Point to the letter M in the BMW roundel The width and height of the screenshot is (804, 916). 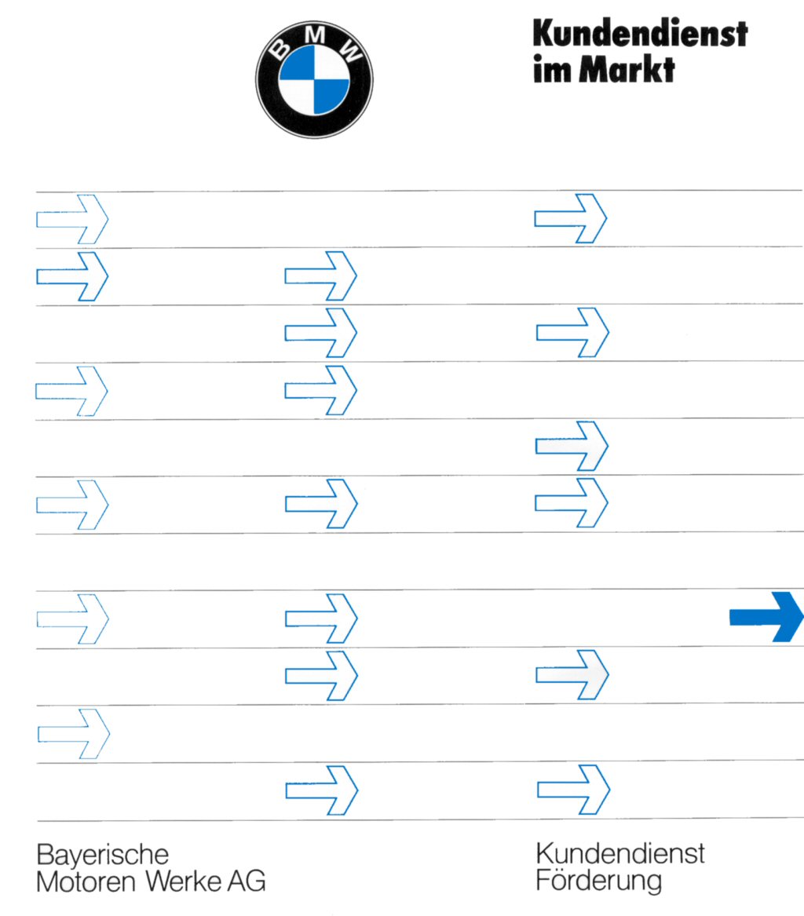(315, 35)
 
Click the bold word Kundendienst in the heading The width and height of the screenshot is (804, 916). (639, 33)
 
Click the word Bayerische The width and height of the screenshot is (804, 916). (103, 855)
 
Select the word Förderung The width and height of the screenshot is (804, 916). (598, 880)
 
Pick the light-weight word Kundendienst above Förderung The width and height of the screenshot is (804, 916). (620, 852)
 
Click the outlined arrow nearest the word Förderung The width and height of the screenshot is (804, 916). (573, 789)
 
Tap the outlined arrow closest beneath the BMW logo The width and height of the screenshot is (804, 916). (320, 276)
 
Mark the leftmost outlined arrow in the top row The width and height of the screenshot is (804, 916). (71, 218)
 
